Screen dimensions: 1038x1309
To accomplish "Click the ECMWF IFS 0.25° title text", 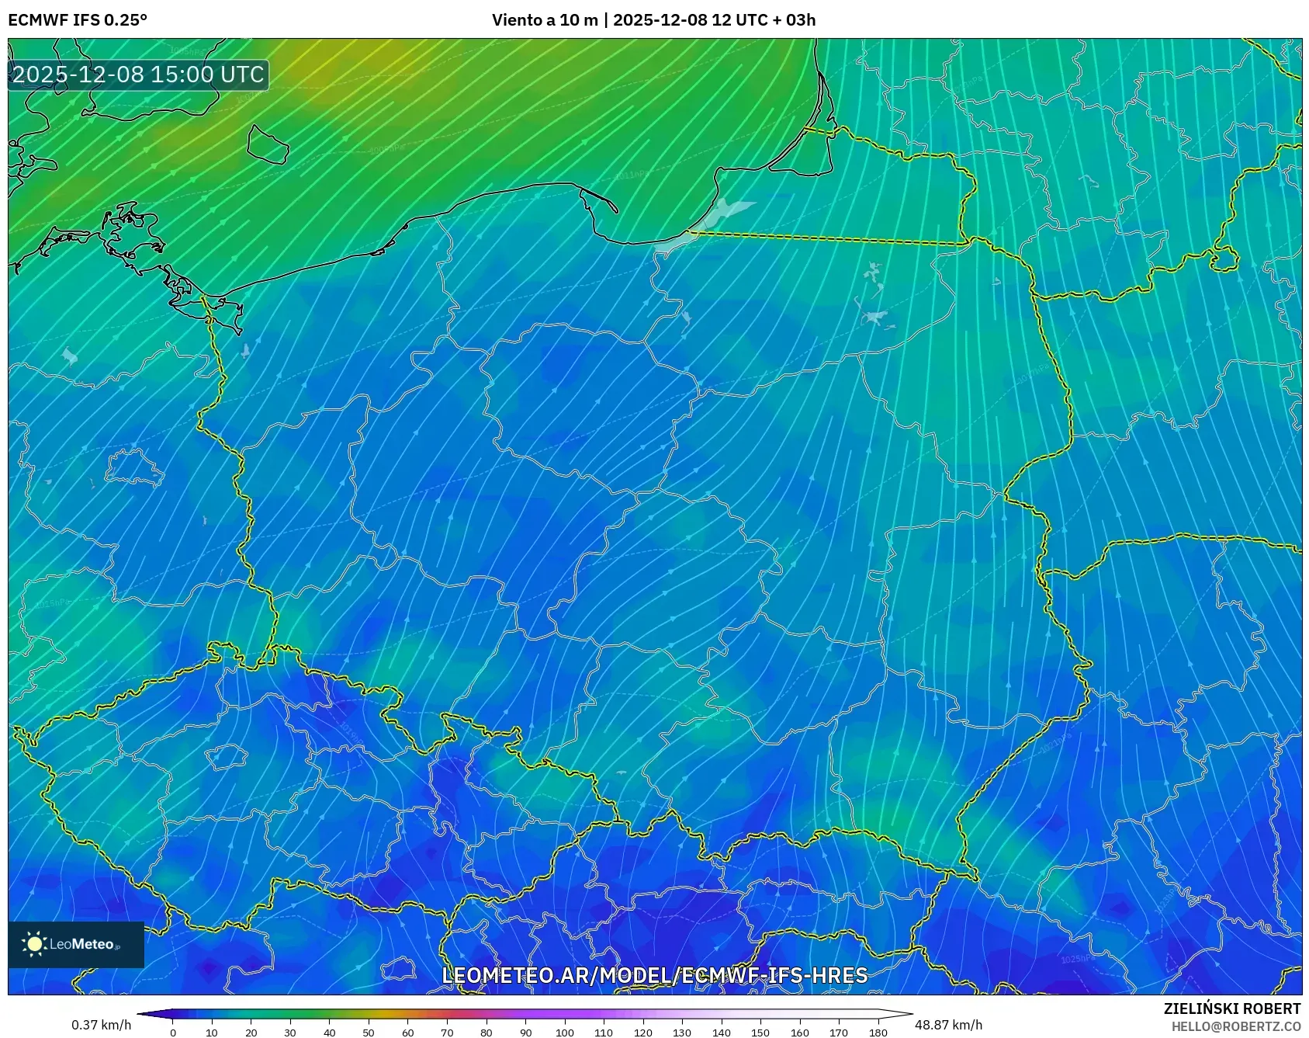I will click(x=78, y=20).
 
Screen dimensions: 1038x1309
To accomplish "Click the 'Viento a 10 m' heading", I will click(x=545, y=20).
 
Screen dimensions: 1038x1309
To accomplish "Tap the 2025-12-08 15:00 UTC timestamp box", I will click(x=138, y=75).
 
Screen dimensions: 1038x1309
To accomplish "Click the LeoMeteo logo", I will click(x=76, y=944).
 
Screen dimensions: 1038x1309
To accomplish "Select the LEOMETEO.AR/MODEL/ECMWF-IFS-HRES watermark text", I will click(x=654, y=975).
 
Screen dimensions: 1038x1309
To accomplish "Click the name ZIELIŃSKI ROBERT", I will click(x=1231, y=1008).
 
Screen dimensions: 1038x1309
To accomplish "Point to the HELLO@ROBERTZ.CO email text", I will click(x=1235, y=1026).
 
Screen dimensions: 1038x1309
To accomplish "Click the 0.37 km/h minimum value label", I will click(x=101, y=1025).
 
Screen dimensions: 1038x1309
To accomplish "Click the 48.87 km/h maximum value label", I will click(x=948, y=1025).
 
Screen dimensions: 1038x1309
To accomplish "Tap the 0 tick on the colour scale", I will click(x=173, y=1033).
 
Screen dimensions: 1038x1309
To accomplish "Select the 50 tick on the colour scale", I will click(x=369, y=1033).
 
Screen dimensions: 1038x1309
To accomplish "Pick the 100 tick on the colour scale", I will click(x=565, y=1033).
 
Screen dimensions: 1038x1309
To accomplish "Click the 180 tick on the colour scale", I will click(x=878, y=1033).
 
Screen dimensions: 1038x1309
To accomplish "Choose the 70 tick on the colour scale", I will click(x=447, y=1033).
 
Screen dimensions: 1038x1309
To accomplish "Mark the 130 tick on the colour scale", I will click(x=682, y=1033).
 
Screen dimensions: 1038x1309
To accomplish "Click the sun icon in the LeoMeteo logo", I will click(x=35, y=944).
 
